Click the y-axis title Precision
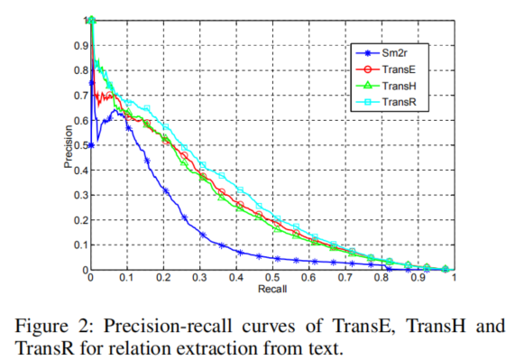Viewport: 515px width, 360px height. click(x=68, y=144)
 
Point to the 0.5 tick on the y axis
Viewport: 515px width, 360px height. click(x=78, y=144)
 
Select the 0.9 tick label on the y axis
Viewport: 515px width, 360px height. click(x=78, y=44)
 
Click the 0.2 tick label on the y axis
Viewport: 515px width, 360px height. click(x=78, y=219)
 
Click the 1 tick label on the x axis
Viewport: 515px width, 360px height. click(x=454, y=281)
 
